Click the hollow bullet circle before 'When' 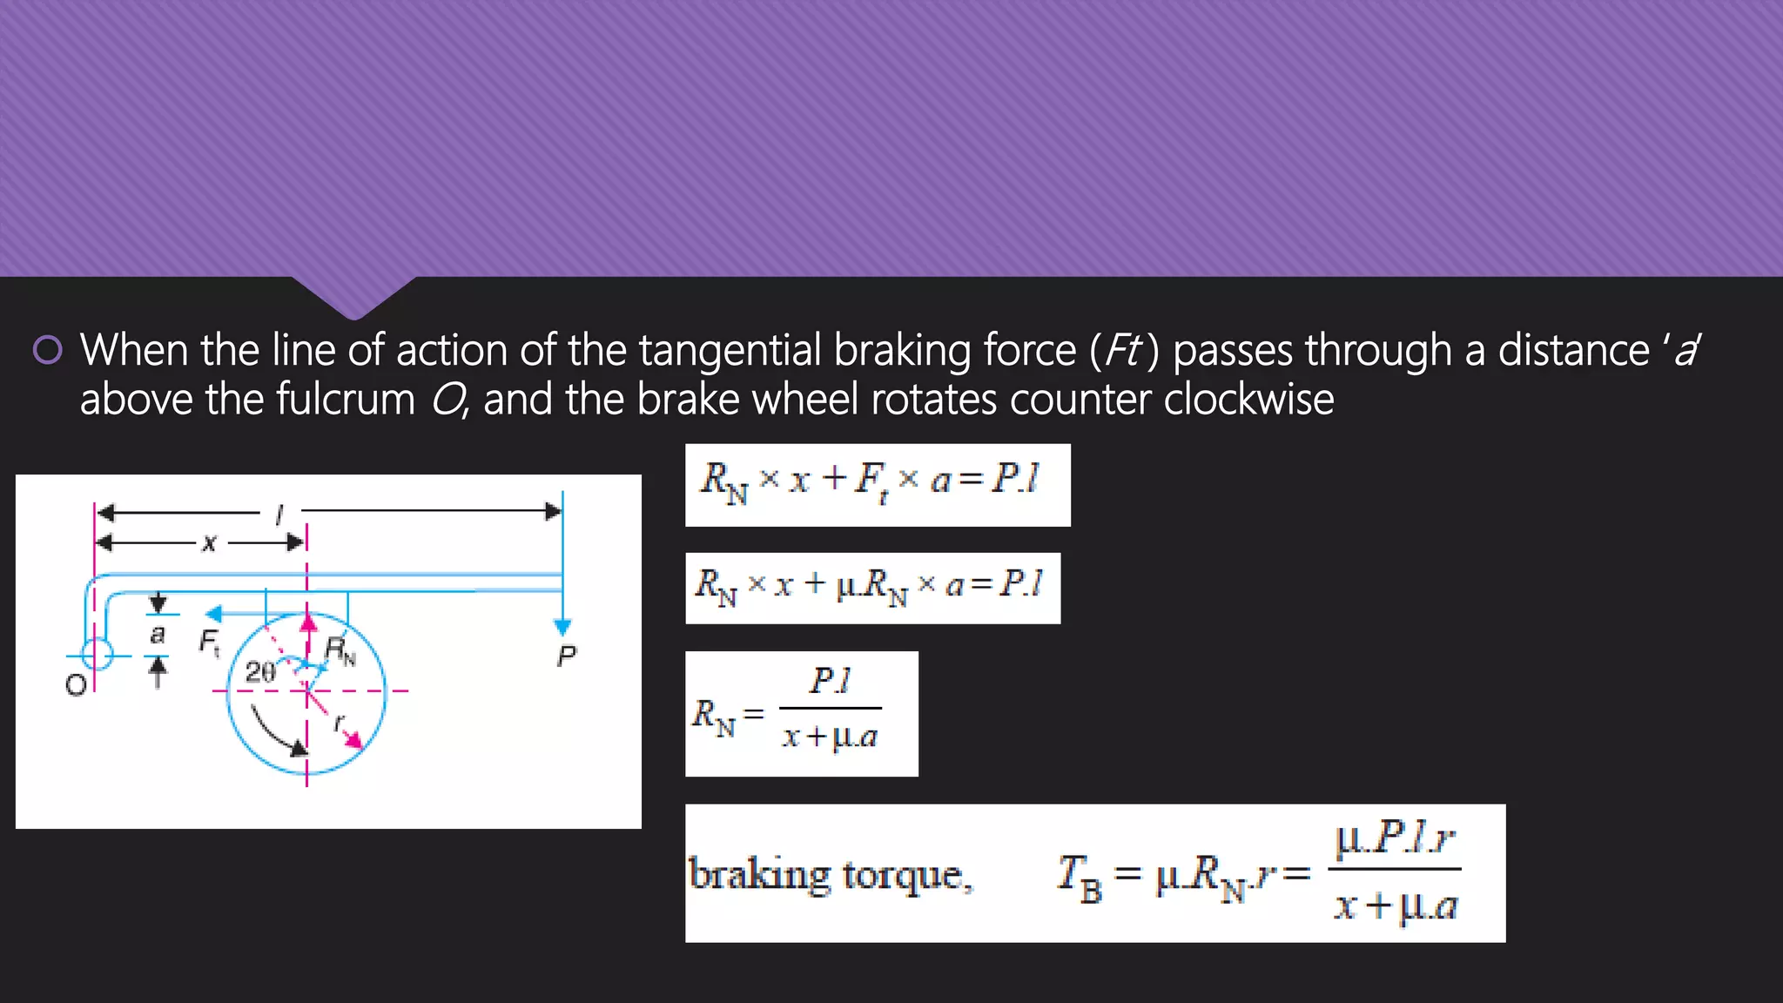click(x=47, y=350)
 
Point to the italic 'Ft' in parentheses click(x=1123, y=350)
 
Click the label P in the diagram click(x=566, y=656)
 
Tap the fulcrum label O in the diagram click(x=76, y=685)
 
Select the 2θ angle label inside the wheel click(x=260, y=671)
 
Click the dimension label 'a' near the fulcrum click(x=158, y=635)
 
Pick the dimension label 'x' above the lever click(x=209, y=543)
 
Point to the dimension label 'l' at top click(x=279, y=515)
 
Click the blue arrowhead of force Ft click(x=214, y=614)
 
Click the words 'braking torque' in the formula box click(x=830, y=875)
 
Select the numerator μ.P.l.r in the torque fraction click(x=1395, y=838)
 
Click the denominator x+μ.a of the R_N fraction click(x=830, y=737)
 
